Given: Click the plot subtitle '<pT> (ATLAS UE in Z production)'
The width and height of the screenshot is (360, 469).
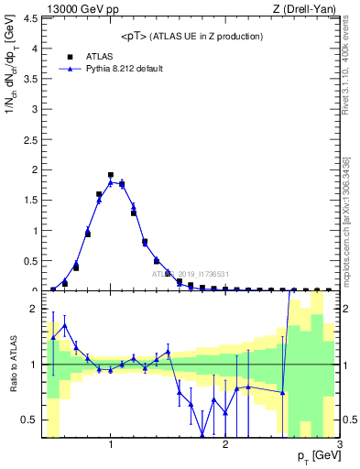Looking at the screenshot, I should click(191, 36).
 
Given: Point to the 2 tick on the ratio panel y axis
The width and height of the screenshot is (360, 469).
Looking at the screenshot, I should click(34, 310).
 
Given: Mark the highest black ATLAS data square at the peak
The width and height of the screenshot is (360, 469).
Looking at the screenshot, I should click(111, 174).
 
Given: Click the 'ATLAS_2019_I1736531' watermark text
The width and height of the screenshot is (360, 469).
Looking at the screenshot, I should click(191, 274).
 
